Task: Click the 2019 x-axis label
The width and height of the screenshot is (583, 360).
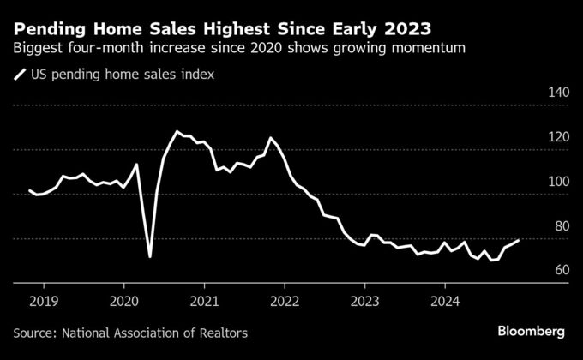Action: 45,301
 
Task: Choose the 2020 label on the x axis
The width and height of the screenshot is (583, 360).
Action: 125,301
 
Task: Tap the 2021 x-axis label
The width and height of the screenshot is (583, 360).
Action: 205,301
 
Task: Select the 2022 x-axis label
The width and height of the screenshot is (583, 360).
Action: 285,301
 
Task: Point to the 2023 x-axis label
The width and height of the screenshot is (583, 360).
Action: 364,301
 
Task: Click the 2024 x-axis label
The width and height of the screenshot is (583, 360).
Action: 444,301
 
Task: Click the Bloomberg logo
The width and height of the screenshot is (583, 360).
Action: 532,331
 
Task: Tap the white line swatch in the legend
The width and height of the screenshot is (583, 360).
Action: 20,75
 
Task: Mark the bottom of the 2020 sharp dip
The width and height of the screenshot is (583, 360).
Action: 150,256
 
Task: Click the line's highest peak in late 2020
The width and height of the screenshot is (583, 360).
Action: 177,132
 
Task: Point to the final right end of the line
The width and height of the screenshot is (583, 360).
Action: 518,241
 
